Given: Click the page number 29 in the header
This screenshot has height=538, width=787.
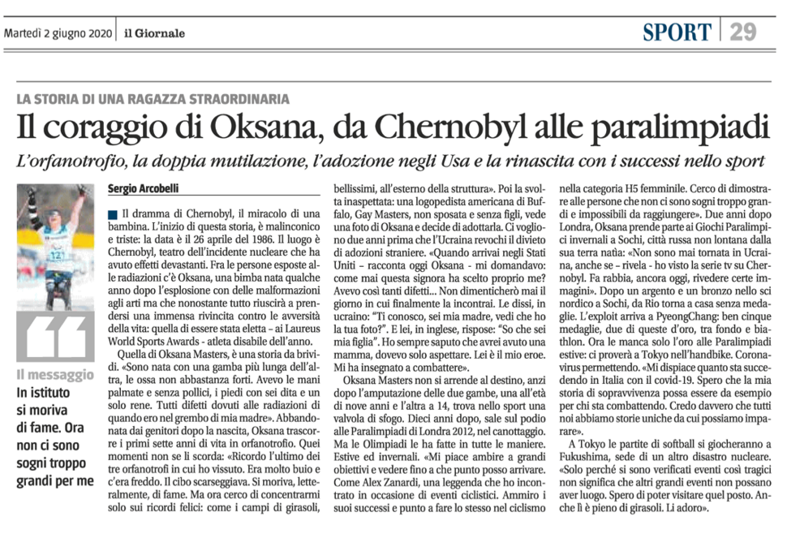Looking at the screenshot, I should (743, 31).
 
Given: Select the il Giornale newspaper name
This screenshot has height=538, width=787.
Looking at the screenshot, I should (154, 33).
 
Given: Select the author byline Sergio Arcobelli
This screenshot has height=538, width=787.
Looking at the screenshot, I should (144, 190).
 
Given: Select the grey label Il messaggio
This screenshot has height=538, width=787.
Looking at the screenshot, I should (56, 375).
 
